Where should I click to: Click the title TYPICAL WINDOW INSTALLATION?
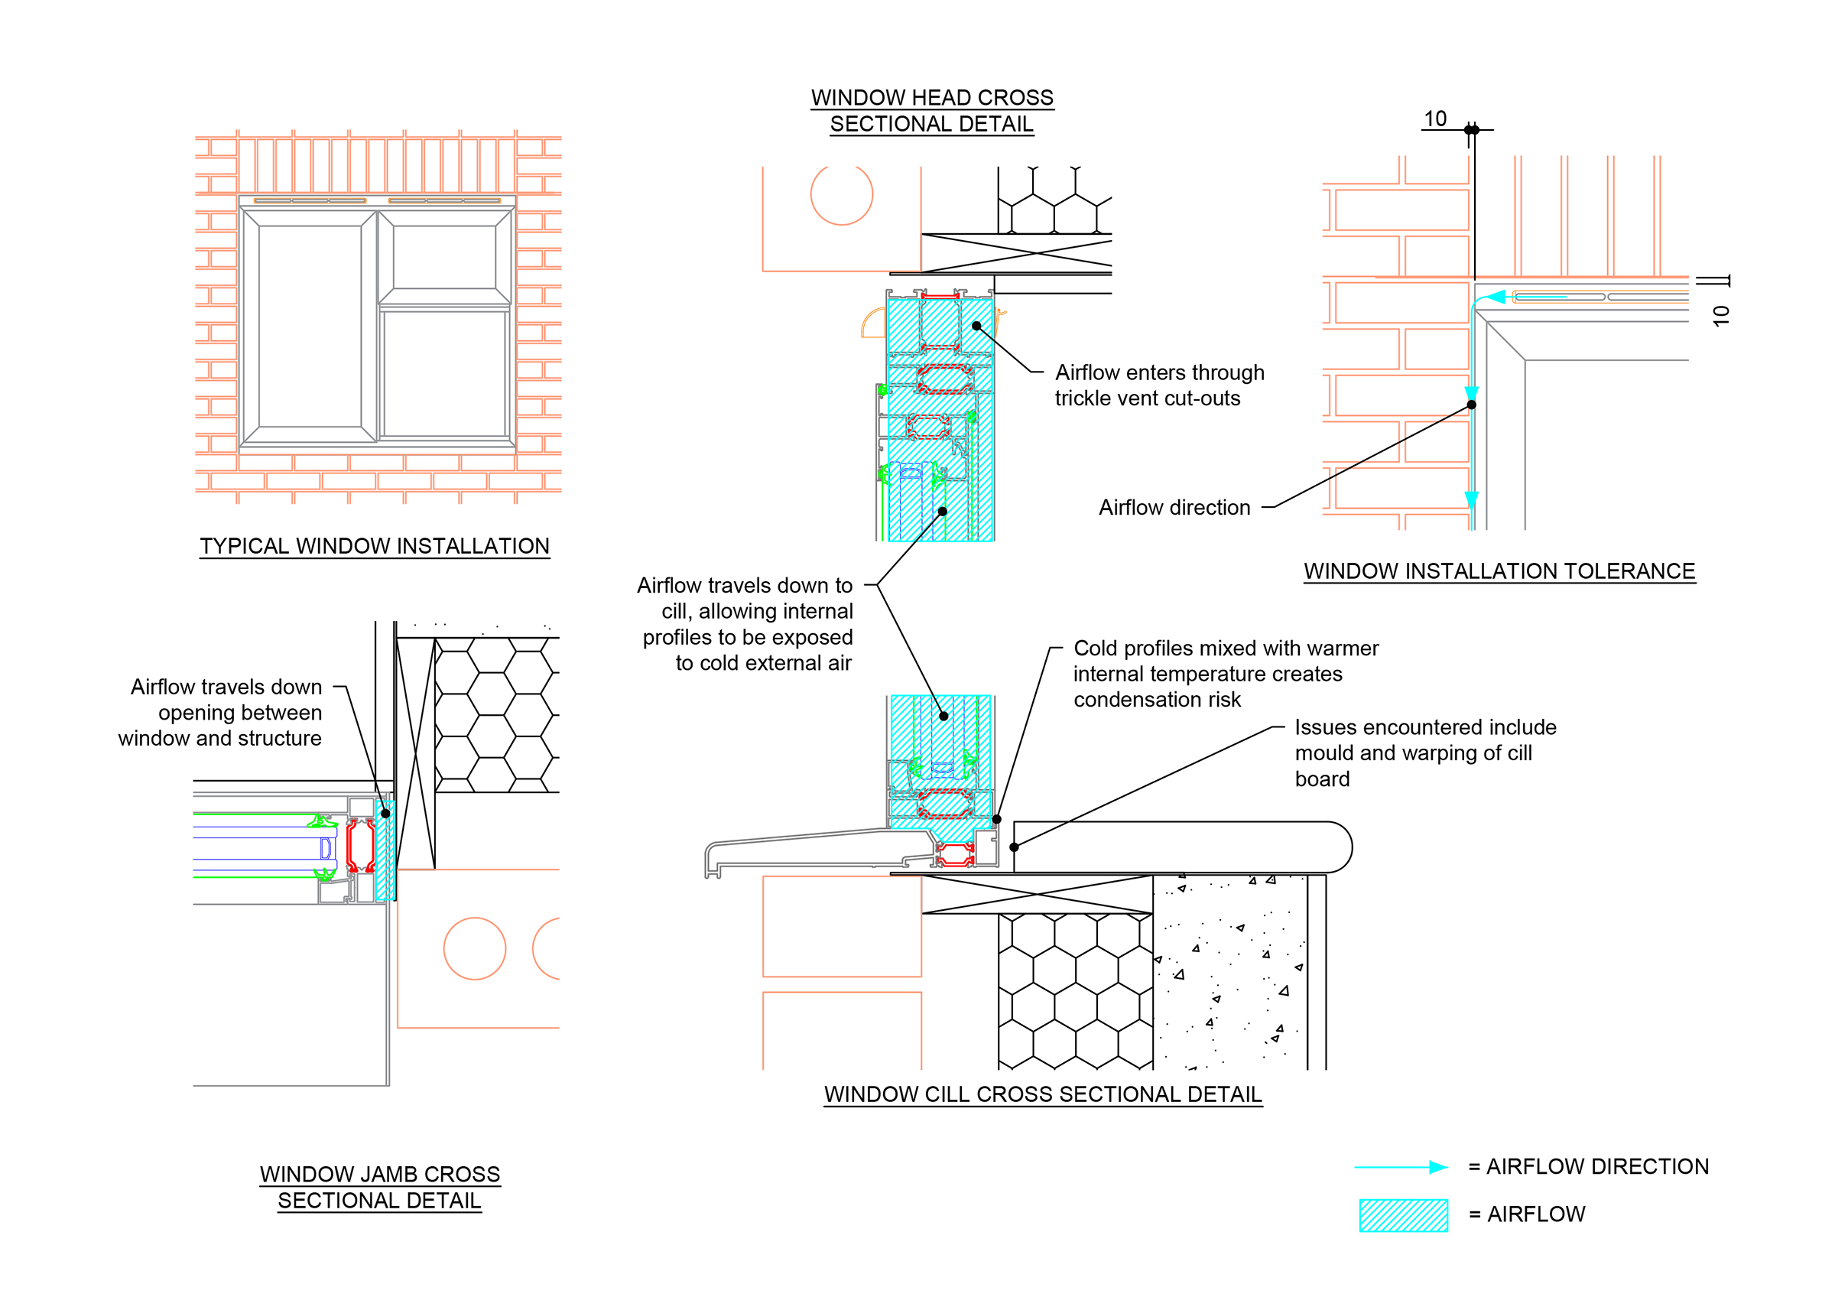coord(374,546)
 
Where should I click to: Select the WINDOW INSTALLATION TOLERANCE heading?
coord(1499,570)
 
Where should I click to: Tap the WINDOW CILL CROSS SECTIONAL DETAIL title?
coord(1042,1094)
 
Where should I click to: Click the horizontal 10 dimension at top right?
coord(1435,119)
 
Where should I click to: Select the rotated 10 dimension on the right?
coord(1721,315)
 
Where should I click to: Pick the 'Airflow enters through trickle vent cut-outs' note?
coord(1159,385)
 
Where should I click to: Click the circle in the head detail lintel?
coord(842,194)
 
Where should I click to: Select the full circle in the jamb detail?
coord(475,948)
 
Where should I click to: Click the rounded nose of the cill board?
coord(1335,847)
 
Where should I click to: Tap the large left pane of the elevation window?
coord(310,325)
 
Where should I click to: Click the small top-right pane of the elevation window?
coord(443,256)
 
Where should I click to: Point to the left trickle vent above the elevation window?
coord(310,200)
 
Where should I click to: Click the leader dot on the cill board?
coord(1013,847)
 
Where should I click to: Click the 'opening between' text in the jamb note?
coord(240,712)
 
